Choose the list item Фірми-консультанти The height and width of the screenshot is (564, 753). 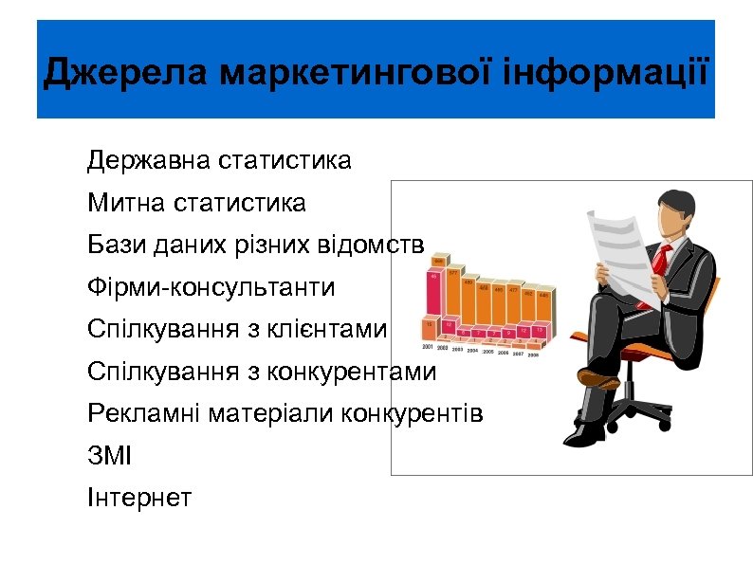click(x=211, y=286)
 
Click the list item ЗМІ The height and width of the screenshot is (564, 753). click(x=110, y=456)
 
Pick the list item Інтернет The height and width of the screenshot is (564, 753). click(x=139, y=497)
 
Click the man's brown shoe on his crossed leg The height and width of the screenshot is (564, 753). click(x=598, y=377)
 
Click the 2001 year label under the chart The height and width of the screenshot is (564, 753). click(x=429, y=348)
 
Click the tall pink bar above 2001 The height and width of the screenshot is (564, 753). click(x=434, y=294)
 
